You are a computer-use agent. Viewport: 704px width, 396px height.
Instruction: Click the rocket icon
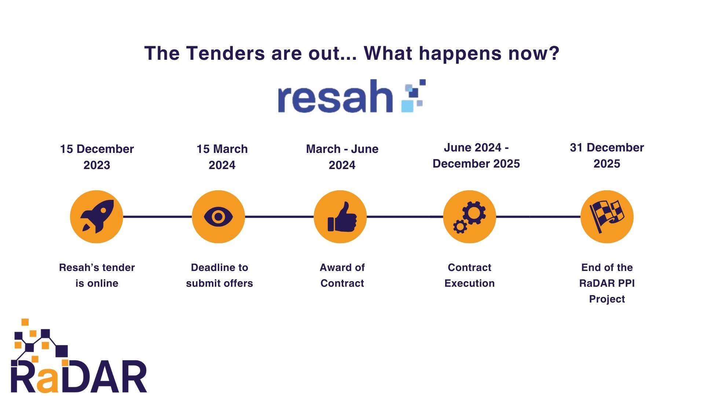(x=96, y=217)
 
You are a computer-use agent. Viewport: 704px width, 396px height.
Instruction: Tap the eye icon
(x=218, y=217)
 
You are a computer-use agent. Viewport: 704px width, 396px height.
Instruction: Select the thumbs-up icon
(x=340, y=217)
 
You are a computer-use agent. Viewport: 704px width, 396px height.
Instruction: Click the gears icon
(x=469, y=217)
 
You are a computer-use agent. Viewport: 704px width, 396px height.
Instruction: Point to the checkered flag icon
(x=607, y=217)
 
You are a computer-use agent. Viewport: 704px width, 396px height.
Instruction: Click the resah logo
(x=351, y=96)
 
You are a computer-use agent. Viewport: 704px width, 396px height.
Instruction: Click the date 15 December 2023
(x=97, y=157)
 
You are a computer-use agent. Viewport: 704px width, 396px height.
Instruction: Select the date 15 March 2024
(x=222, y=157)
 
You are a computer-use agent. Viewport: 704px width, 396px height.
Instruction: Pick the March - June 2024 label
(x=342, y=157)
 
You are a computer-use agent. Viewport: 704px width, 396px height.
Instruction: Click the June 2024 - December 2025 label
(x=476, y=155)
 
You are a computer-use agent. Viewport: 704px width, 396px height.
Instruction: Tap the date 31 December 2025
(x=607, y=155)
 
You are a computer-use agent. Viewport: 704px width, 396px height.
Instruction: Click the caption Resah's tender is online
(x=97, y=275)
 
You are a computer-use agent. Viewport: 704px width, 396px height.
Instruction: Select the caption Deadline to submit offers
(x=219, y=275)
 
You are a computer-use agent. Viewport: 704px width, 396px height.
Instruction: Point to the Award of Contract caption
(x=342, y=275)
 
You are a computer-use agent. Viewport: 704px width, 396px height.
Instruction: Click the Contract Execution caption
(x=469, y=275)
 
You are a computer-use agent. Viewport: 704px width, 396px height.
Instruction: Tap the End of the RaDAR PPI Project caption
(x=607, y=283)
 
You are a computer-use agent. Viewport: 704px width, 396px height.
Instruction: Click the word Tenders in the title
(x=225, y=54)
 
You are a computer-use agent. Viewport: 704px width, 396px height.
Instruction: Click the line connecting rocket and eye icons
(x=157, y=217)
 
